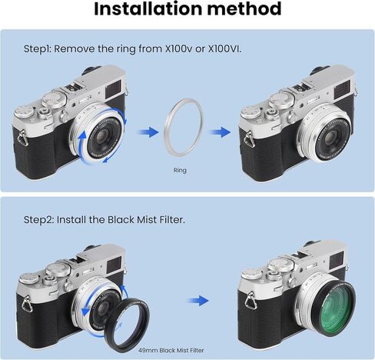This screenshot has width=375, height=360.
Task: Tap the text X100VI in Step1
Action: point(224,48)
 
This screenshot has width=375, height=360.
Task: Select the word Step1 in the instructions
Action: point(38,49)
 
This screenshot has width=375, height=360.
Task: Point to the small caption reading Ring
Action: point(180,170)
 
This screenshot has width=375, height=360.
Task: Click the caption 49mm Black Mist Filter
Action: point(171,350)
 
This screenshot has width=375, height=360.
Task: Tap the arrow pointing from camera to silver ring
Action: point(148,132)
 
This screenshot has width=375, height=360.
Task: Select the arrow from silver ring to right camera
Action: point(220,132)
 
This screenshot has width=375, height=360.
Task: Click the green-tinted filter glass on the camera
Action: point(332,306)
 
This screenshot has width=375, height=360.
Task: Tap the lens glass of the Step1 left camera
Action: point(103,135)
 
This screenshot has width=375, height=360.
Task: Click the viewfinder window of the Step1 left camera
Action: point(113,88)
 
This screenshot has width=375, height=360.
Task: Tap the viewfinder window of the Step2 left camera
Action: point(113,266)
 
